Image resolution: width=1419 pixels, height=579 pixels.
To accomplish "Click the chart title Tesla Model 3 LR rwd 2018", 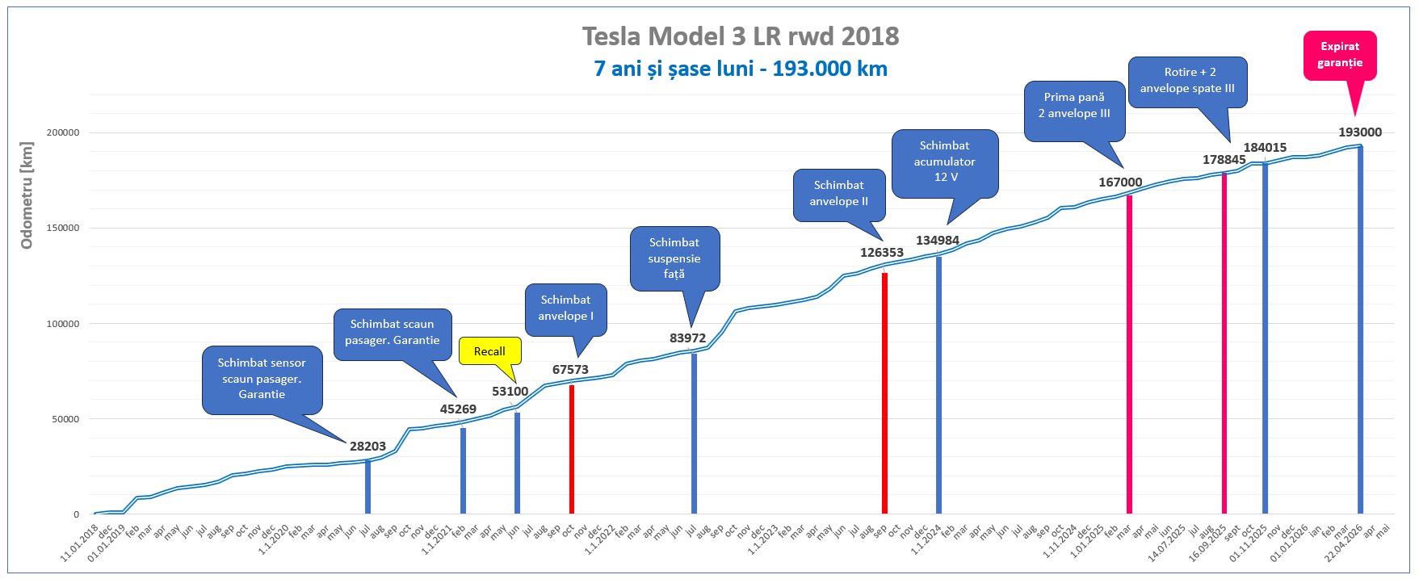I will coord(740,36).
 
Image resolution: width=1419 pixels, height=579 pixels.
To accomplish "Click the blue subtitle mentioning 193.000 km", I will coord(740,69).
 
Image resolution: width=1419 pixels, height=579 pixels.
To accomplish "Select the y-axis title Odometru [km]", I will coord(27,196).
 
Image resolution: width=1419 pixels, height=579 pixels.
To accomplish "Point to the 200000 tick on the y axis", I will coord(63,132).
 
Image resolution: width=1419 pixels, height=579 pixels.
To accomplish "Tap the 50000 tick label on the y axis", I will coord(65,419).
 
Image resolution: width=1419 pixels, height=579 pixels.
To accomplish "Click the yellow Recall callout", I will coord(489,351).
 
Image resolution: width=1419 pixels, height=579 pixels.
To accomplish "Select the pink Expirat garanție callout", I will coord(1339,55).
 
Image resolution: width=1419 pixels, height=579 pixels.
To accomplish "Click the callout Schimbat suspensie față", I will coord(674,258).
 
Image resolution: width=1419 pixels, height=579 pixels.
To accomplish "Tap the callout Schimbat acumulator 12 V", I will coord(944,162).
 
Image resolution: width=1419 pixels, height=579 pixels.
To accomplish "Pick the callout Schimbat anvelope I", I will coord(565,308).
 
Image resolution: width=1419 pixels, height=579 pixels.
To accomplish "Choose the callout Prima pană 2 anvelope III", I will coord(1073,106).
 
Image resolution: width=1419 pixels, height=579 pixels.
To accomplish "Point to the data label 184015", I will coord(1265,148).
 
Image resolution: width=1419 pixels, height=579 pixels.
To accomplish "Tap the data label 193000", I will coord(1360,132).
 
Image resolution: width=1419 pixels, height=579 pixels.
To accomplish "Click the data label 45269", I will coord(458,409).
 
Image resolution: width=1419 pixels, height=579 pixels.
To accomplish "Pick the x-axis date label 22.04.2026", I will coord(1343,544).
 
